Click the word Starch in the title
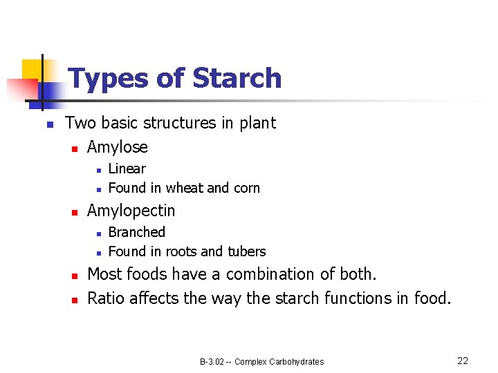tap(237, 78)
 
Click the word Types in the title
tap(109, 78)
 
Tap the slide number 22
tap(463, 361)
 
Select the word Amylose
tap(118, 147)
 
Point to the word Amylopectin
tap(131, 211)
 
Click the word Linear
tap(127, 169)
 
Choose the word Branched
tap(137, 232)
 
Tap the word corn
tap(246, 188)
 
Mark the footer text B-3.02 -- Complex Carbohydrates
tap(261, 361)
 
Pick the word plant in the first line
tap(257, 123)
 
